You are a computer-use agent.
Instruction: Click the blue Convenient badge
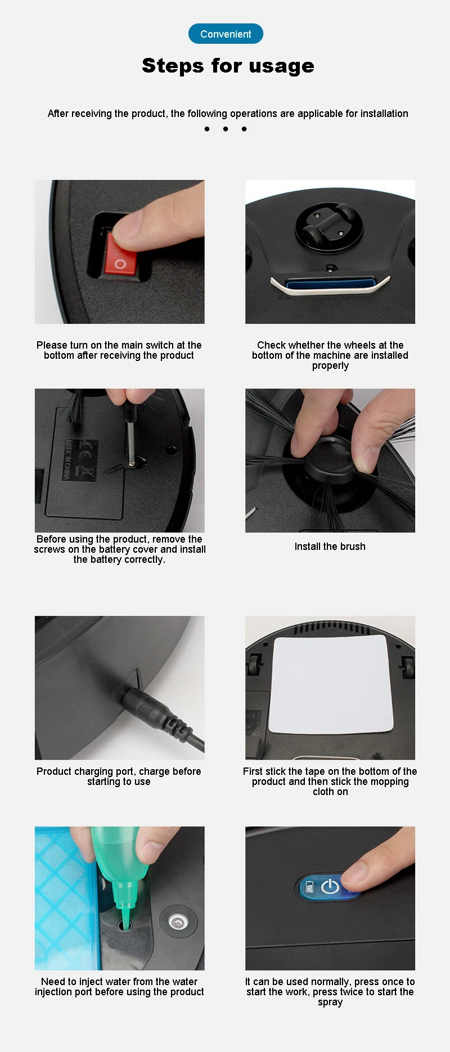226,34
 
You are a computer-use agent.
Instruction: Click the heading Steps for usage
228,66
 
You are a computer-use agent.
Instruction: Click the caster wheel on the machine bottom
328,225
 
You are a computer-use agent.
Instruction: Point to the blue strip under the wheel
330,284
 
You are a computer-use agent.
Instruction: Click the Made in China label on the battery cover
67,459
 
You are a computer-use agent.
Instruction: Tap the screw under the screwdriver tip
132,462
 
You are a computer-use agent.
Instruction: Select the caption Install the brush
330,547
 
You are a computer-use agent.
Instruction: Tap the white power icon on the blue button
330,887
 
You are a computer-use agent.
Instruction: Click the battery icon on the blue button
309,888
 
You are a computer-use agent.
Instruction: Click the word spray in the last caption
330,1002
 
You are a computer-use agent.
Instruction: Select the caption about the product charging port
119,776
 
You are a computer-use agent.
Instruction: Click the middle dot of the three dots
226,129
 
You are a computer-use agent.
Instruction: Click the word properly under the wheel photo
330,365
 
